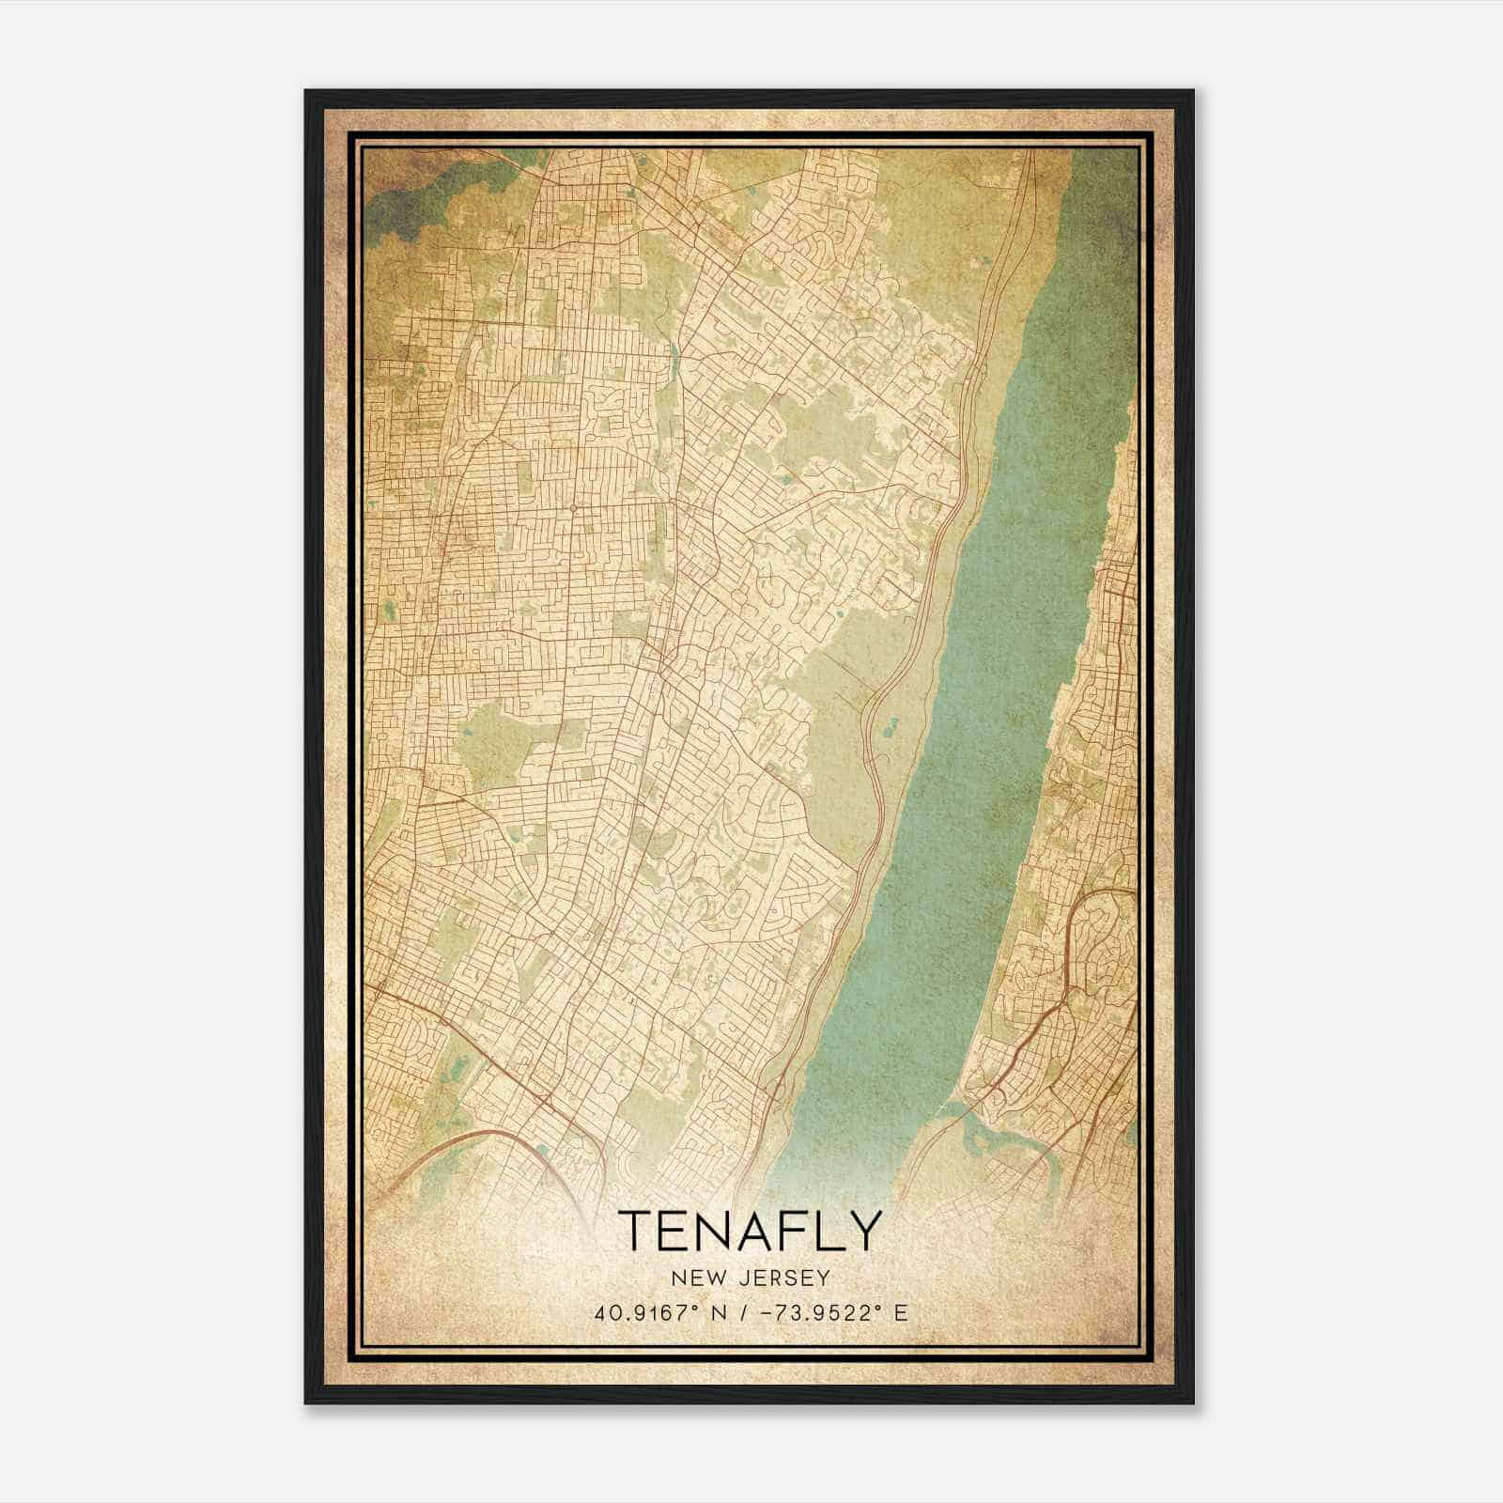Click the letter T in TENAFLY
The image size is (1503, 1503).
[x=636, y=1231]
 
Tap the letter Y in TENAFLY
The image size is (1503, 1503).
[x=865, y=1231]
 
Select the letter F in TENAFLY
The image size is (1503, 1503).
[x=784, y=1231]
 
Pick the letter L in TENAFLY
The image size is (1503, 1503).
[x=824, y=1231]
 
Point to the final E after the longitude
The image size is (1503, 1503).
[x=901, y=1313]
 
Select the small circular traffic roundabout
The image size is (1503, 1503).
[x=572, y=508]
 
